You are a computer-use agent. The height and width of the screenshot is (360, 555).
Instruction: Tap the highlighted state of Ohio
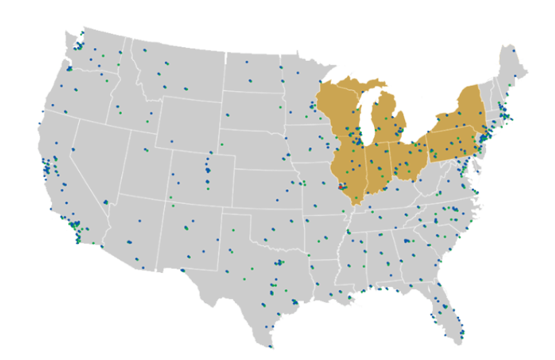click(x=405, y=159)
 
